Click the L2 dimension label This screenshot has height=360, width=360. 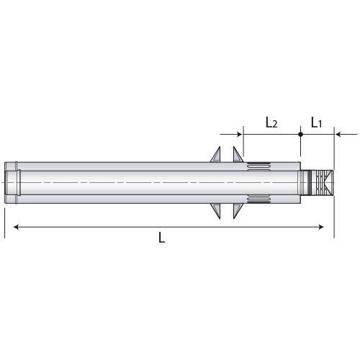pos(271,122)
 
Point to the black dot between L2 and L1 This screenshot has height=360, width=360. pos(300,134)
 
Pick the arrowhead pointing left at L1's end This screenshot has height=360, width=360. pos(341,134)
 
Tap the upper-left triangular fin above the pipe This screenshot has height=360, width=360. pos(215,157)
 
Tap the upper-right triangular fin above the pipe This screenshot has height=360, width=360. pos(235,157)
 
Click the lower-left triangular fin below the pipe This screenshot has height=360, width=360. pos(215,210)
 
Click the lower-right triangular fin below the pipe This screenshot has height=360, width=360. pos(235,210)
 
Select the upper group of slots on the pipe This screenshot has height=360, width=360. pos(258,168)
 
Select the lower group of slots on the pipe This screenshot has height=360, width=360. pos(258,199)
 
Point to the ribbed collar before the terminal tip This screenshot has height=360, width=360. pos(310,184)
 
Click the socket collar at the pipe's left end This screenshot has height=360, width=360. pos(13,184)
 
